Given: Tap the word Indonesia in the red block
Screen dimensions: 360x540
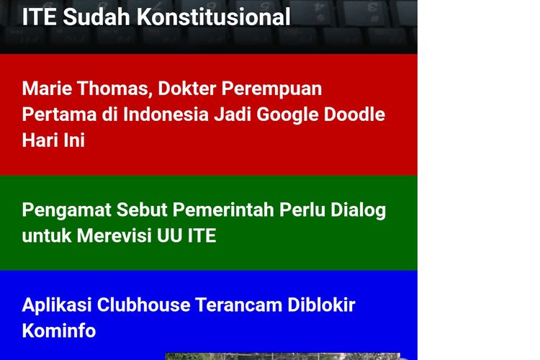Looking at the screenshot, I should coord(165,114).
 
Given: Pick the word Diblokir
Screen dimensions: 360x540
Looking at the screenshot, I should coord(323,305).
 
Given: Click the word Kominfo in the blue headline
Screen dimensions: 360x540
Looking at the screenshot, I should coord(58,330).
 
